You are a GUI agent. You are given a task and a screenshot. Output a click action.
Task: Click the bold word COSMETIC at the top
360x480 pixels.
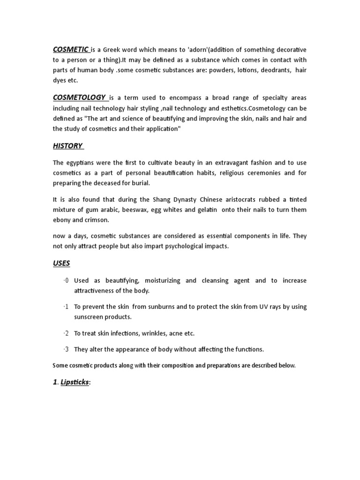70,49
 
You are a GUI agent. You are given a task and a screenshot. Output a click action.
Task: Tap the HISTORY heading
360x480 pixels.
67,146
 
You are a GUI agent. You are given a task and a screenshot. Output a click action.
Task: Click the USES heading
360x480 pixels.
61,263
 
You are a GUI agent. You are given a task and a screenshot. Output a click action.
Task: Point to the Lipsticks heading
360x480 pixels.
75,382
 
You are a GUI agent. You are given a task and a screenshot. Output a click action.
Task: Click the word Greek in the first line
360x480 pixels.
113,50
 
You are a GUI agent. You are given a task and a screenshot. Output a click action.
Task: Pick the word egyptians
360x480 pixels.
82,162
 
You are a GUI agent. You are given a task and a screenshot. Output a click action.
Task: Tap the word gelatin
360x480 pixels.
206,210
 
